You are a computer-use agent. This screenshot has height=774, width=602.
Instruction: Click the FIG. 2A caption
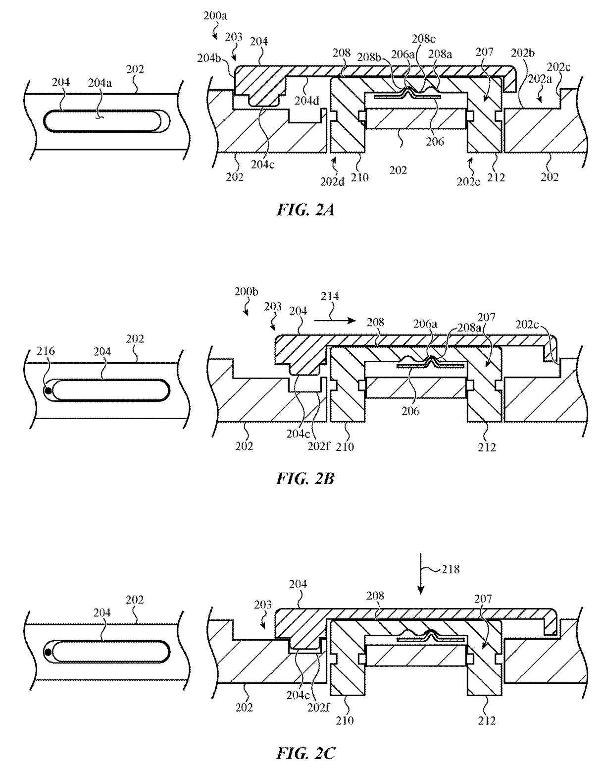305,210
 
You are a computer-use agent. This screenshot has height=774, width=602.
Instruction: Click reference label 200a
215,16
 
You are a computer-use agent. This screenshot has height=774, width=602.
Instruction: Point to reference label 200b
246,291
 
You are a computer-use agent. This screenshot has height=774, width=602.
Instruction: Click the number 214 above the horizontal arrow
330,296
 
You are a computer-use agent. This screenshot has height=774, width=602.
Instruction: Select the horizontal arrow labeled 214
335,321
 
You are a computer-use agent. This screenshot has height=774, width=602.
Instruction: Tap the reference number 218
451,569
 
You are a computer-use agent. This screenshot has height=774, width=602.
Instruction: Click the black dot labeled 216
49,391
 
